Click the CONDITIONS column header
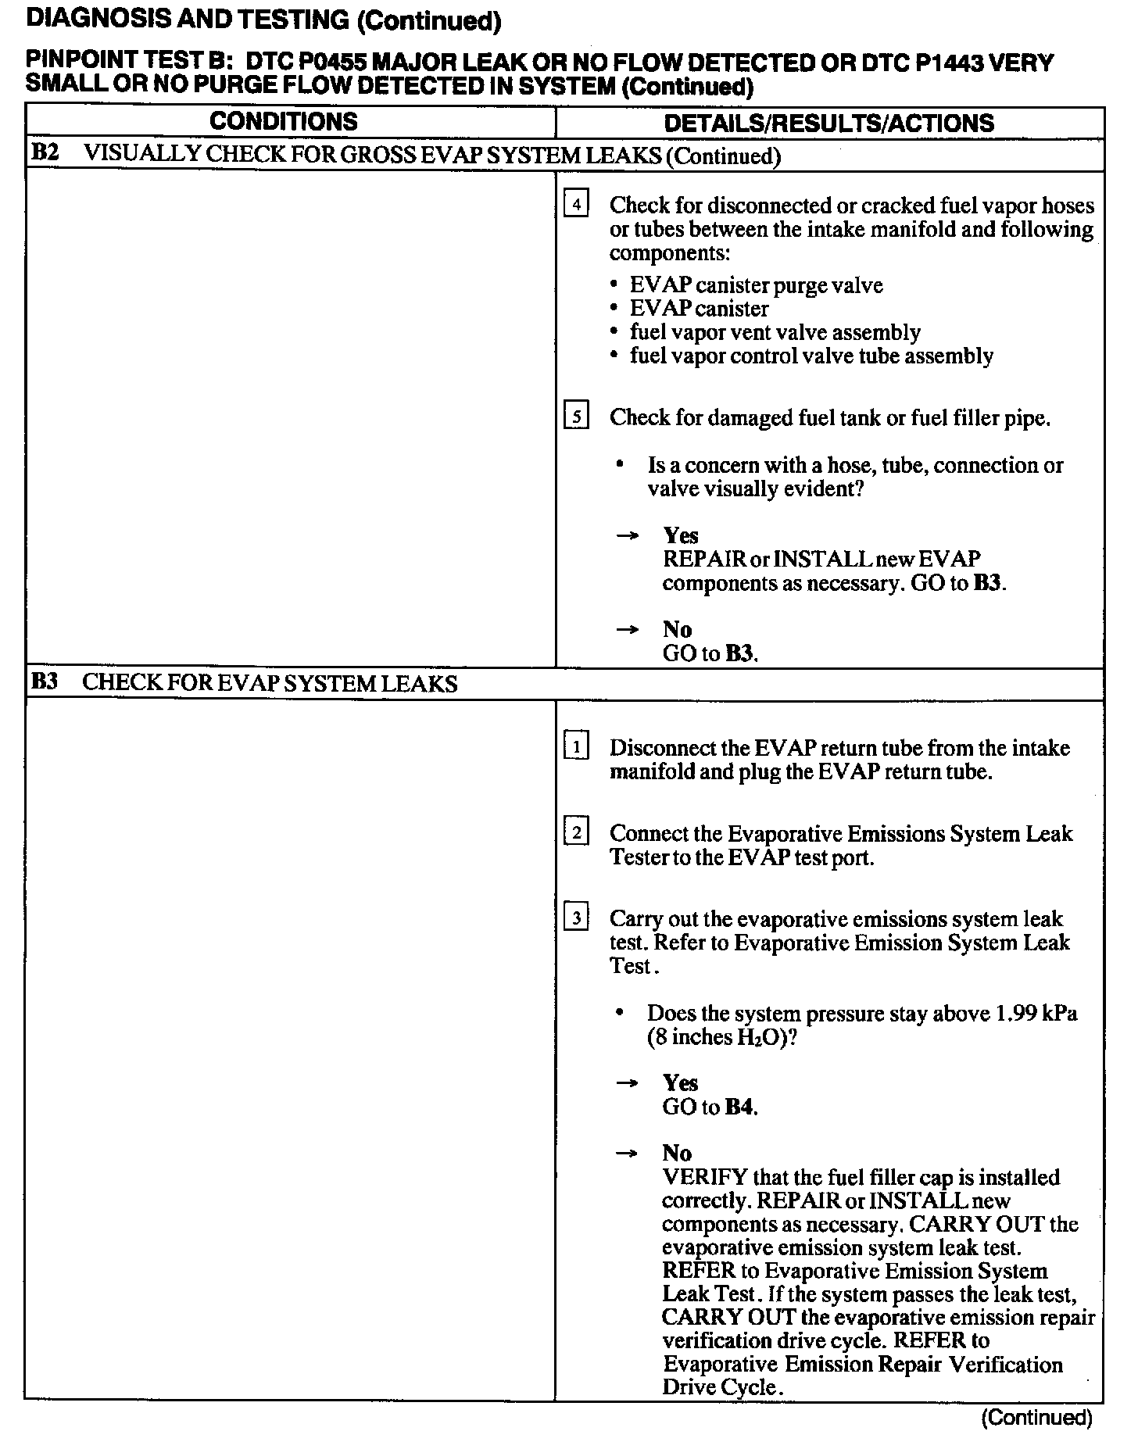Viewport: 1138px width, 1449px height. pos(283,122)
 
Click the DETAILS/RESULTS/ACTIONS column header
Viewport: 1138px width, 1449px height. pos(828,123)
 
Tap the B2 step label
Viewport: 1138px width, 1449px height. pos(45,153)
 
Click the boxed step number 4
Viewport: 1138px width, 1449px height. pos(576,205)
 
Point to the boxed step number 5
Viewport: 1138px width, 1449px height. pos(576,417)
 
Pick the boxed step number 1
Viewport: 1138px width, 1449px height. pos(576,748)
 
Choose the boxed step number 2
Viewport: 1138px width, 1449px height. pos(576,833)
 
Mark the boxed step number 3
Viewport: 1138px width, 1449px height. pos(576,918)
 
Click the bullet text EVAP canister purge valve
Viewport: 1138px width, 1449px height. pos(756,285)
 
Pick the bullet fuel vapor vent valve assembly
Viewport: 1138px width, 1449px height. pos(775,333)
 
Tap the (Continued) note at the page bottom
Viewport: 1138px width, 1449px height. pos(1036,1417)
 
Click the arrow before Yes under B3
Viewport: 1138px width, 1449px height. pos(627,1083)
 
